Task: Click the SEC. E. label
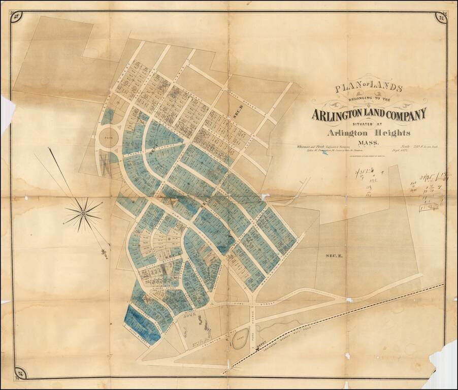334,255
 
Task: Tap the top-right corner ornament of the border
440,18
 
